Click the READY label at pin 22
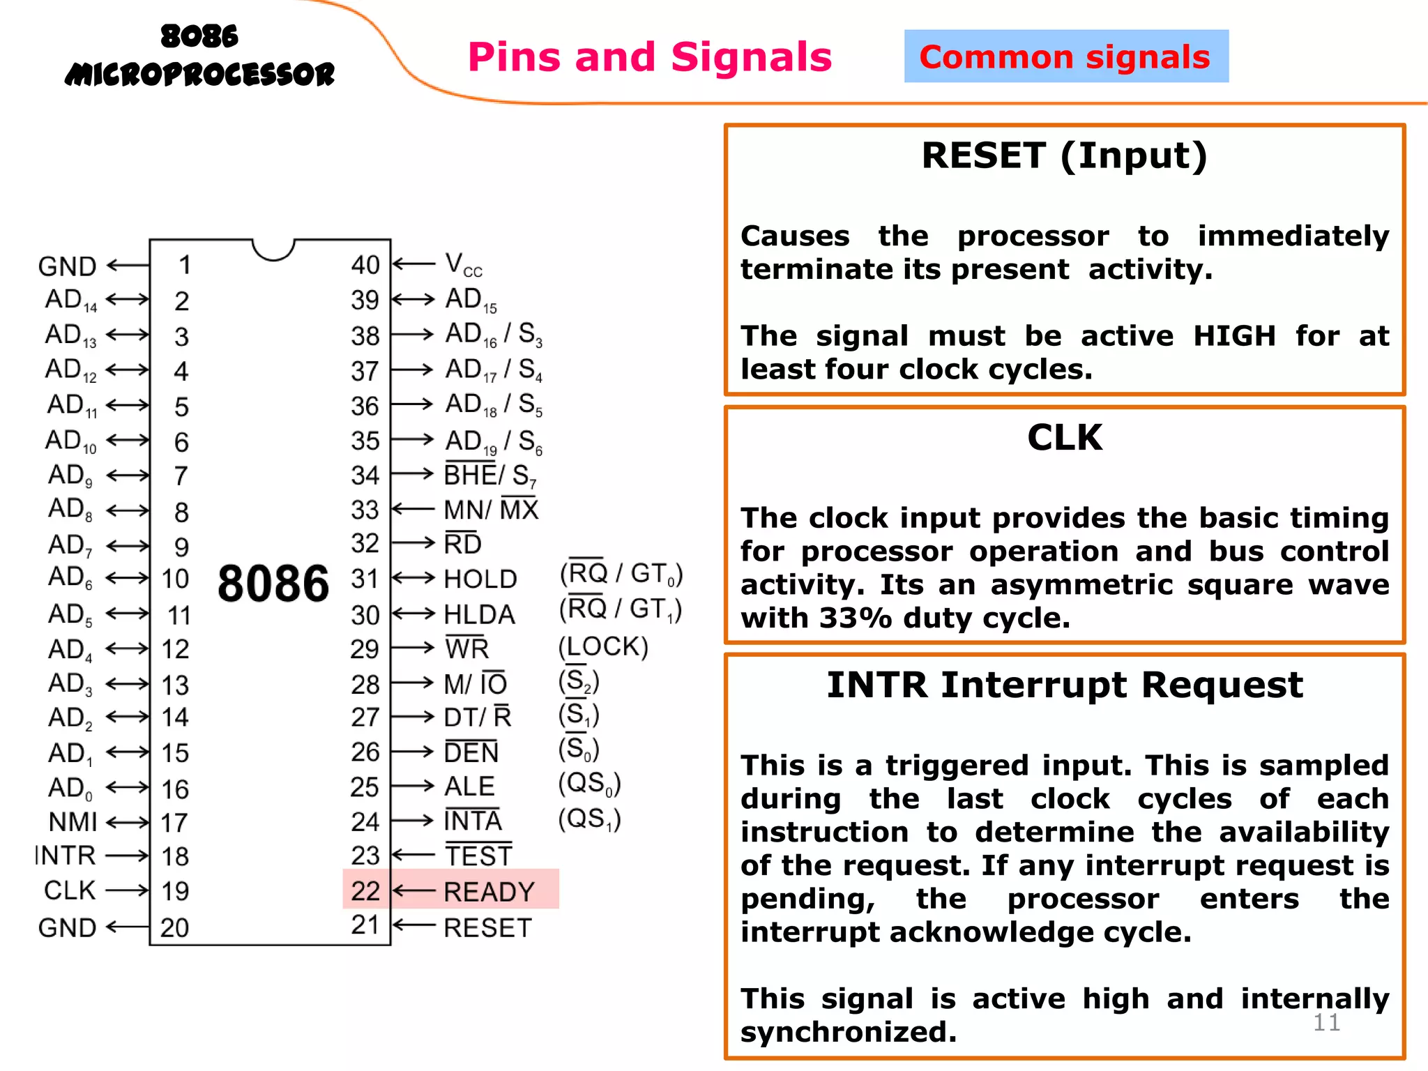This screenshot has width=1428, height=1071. point(489,892)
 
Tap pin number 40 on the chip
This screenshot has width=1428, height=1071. point(365,265)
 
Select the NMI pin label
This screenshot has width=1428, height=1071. point(73,822)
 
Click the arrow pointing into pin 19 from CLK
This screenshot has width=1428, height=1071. point(128,890)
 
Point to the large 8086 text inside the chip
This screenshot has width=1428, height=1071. point(273,584)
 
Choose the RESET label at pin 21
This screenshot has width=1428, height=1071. point(487,928)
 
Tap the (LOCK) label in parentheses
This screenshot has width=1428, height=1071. point(603,647)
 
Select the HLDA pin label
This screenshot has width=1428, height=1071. point(480,614)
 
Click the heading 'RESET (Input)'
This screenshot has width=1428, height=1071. point(1064,155)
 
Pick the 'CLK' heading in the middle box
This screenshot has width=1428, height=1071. point(1064,438)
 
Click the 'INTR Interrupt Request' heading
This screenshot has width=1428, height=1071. point(1064,685)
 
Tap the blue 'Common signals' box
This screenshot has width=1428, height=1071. point(1065,56)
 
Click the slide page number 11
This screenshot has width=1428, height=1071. point(1326,1022)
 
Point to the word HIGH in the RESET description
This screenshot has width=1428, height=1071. point(1234,336)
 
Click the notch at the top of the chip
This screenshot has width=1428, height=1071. point(273,249)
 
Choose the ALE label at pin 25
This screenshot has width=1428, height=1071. point(469,787)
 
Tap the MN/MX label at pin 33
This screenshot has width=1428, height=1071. point(491,510)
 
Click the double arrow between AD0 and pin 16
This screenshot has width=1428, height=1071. point(128,788)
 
